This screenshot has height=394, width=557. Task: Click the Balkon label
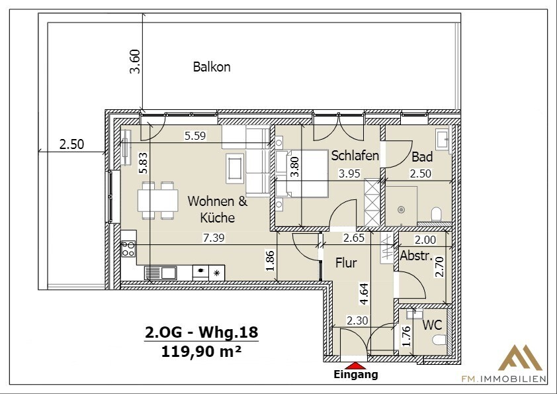point(212,67)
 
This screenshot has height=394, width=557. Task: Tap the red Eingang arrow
point(353,366)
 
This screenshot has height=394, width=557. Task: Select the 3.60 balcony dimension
point(136,62)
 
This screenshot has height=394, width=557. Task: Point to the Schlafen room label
point(355,156)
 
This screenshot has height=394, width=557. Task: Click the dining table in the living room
point(157,200)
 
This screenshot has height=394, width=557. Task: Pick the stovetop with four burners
point(128,248)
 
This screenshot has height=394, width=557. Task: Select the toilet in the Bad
point(436,214)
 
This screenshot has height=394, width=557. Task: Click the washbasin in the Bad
point(443,138)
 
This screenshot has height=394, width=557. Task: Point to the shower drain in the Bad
point(402,209)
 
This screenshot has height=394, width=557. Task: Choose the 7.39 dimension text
point(214,237)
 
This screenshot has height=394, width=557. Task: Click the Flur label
point(346,263)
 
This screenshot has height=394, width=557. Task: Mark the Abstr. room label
point(416,256)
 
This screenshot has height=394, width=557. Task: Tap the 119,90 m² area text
point(201,352)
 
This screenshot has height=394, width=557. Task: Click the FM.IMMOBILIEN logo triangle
point(520,358)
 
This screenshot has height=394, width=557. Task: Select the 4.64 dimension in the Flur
point(365,294)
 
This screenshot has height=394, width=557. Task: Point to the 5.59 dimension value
point(195,136)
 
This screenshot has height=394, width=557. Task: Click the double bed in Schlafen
point(302,173)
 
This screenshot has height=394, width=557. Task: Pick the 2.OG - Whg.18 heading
point(201,332)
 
